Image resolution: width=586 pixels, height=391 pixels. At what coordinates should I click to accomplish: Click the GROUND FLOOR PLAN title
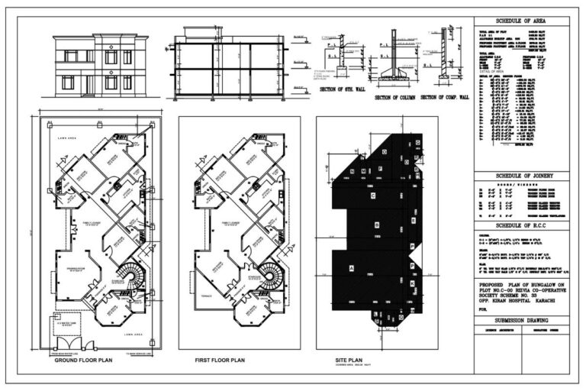coord(83,360)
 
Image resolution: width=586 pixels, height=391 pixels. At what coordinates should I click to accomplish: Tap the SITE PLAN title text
coord(352,359)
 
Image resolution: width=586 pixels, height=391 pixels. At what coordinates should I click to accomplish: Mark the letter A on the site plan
coord(352,269)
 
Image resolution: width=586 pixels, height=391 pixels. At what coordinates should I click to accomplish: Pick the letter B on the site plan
coord(377,225)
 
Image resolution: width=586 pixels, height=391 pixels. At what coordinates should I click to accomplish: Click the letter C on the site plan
coord(372,196)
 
